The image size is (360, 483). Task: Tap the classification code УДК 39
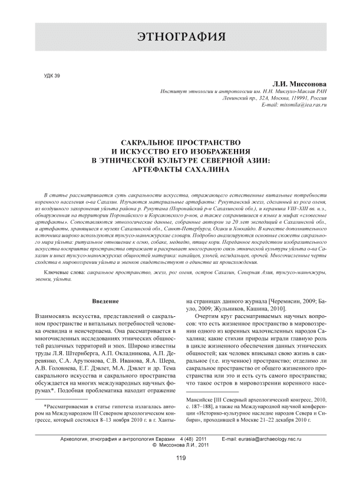coord(52,75)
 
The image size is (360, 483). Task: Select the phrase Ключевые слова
coord(64,274)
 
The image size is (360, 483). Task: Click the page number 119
coord(180,464)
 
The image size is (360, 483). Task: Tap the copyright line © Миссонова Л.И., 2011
coord(180,446)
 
